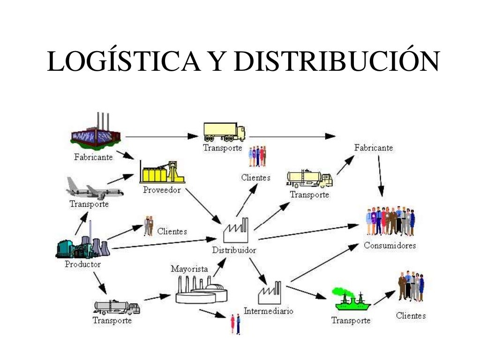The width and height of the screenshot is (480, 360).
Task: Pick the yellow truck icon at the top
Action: (224, 132)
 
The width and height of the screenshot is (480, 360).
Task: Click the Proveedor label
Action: (162, 190)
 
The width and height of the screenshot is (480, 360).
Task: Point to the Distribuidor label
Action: (234, 250)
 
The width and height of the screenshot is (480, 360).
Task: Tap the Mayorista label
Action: (189, 269)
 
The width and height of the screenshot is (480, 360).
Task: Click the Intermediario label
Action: (269, 311)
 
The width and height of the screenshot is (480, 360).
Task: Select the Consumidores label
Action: (390, 246)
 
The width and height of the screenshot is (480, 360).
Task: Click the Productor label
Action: (82, 264)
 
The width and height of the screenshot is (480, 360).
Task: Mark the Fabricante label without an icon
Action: (374, 148)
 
